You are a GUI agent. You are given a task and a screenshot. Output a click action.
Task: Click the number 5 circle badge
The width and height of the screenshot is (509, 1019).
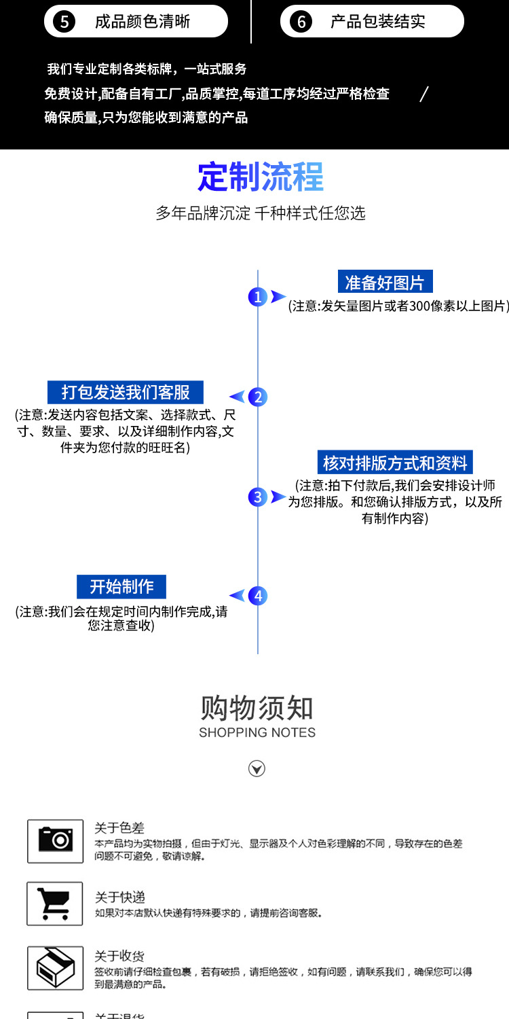click(64, 22)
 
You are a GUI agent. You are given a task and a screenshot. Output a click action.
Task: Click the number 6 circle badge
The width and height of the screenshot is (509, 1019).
click(301, 22)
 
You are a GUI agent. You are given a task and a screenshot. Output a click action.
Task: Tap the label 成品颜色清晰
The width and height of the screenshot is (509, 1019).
click(143, 22)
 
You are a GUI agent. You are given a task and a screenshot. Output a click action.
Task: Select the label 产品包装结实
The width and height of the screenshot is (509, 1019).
click(378, 22)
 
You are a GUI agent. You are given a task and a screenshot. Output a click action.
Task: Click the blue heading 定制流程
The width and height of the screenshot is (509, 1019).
click(261, 177)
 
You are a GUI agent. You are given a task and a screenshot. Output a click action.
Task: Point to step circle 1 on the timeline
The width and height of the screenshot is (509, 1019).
click(257, 297)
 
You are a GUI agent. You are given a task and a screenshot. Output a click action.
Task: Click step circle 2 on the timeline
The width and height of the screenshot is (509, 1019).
click(258, 397)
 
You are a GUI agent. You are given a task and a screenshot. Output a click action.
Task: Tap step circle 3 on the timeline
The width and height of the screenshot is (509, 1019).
click(257, 497)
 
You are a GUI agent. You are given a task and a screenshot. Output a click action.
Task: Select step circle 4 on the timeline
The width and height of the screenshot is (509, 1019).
click(258, 596)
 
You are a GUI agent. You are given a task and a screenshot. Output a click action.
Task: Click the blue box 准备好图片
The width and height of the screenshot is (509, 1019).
click(385, 283)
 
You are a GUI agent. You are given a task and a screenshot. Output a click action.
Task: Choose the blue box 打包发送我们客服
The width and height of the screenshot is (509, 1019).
click(126, 392)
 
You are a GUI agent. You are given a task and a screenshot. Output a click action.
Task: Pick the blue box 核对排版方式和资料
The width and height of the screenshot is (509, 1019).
click(395, 463)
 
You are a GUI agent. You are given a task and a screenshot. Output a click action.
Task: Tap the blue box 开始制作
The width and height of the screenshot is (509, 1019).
click(122, 586)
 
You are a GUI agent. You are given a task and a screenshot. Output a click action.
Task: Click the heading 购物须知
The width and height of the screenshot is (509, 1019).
click(257, 708)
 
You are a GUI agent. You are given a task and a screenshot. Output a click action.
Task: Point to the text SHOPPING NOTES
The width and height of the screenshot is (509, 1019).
click(257, 732)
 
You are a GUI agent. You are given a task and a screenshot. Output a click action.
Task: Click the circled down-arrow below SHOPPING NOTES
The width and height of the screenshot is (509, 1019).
click(257, 768)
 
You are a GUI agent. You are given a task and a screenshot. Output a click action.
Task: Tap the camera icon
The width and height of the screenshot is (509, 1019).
click(55, 841)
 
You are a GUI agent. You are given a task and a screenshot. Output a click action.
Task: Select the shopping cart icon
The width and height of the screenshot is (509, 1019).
click(55, 904)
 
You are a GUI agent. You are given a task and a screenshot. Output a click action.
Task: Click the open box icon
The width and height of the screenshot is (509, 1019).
click(55, 967)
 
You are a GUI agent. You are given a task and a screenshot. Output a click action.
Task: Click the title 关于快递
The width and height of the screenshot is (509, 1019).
click(119, 897)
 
